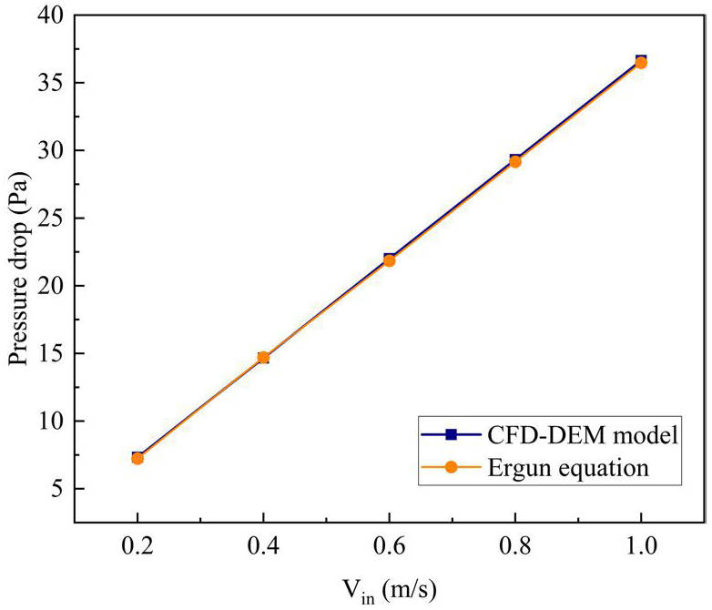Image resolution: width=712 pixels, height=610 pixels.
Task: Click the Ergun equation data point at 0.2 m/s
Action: click(x=137, y=458)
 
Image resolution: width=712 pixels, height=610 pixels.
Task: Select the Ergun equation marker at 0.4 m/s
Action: click(x=263, y=358)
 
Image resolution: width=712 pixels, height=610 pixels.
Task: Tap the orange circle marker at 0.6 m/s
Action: click(x=389, y=260)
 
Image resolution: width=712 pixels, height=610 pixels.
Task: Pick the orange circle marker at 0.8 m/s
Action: click(x=514, y=161)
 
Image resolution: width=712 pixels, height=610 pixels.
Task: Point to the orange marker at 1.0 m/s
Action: click(x=640, y=63)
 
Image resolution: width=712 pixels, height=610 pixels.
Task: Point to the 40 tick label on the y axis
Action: click(x=51, y=15)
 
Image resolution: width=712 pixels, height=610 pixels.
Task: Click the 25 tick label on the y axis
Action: click(x=51, y=219)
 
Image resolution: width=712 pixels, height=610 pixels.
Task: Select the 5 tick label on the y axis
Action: click(x=56, y=489)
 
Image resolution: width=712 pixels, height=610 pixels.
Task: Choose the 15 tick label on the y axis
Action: click(x=51, y=354)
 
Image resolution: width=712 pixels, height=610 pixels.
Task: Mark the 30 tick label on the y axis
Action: click(x=51, y=151)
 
